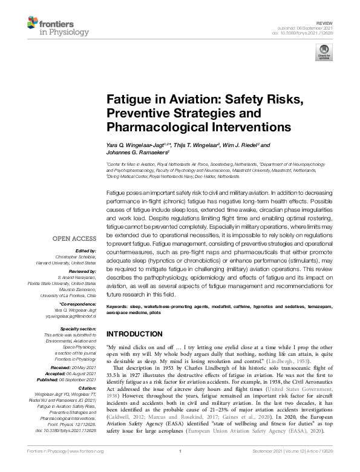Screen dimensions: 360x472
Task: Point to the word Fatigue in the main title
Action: [129, 99]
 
